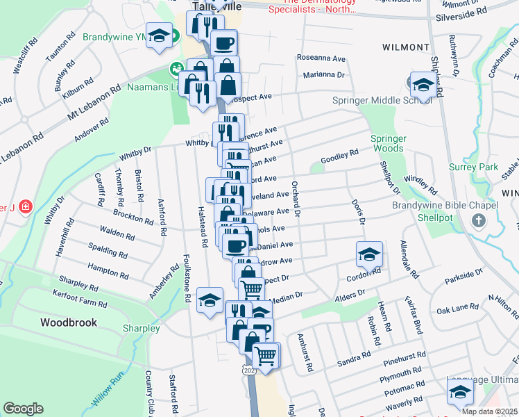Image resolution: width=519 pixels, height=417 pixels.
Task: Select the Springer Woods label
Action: tap(388, 142)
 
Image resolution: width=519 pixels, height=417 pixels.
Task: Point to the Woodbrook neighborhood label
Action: tap(68, 322)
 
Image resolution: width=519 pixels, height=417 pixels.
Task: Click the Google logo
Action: tap(23, 409)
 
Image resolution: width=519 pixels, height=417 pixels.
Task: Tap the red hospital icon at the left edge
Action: tap(26, 206)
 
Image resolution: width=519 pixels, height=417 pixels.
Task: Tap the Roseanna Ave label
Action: tap(321, 58)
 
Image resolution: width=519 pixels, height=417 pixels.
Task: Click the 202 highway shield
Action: tap(248, 371)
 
